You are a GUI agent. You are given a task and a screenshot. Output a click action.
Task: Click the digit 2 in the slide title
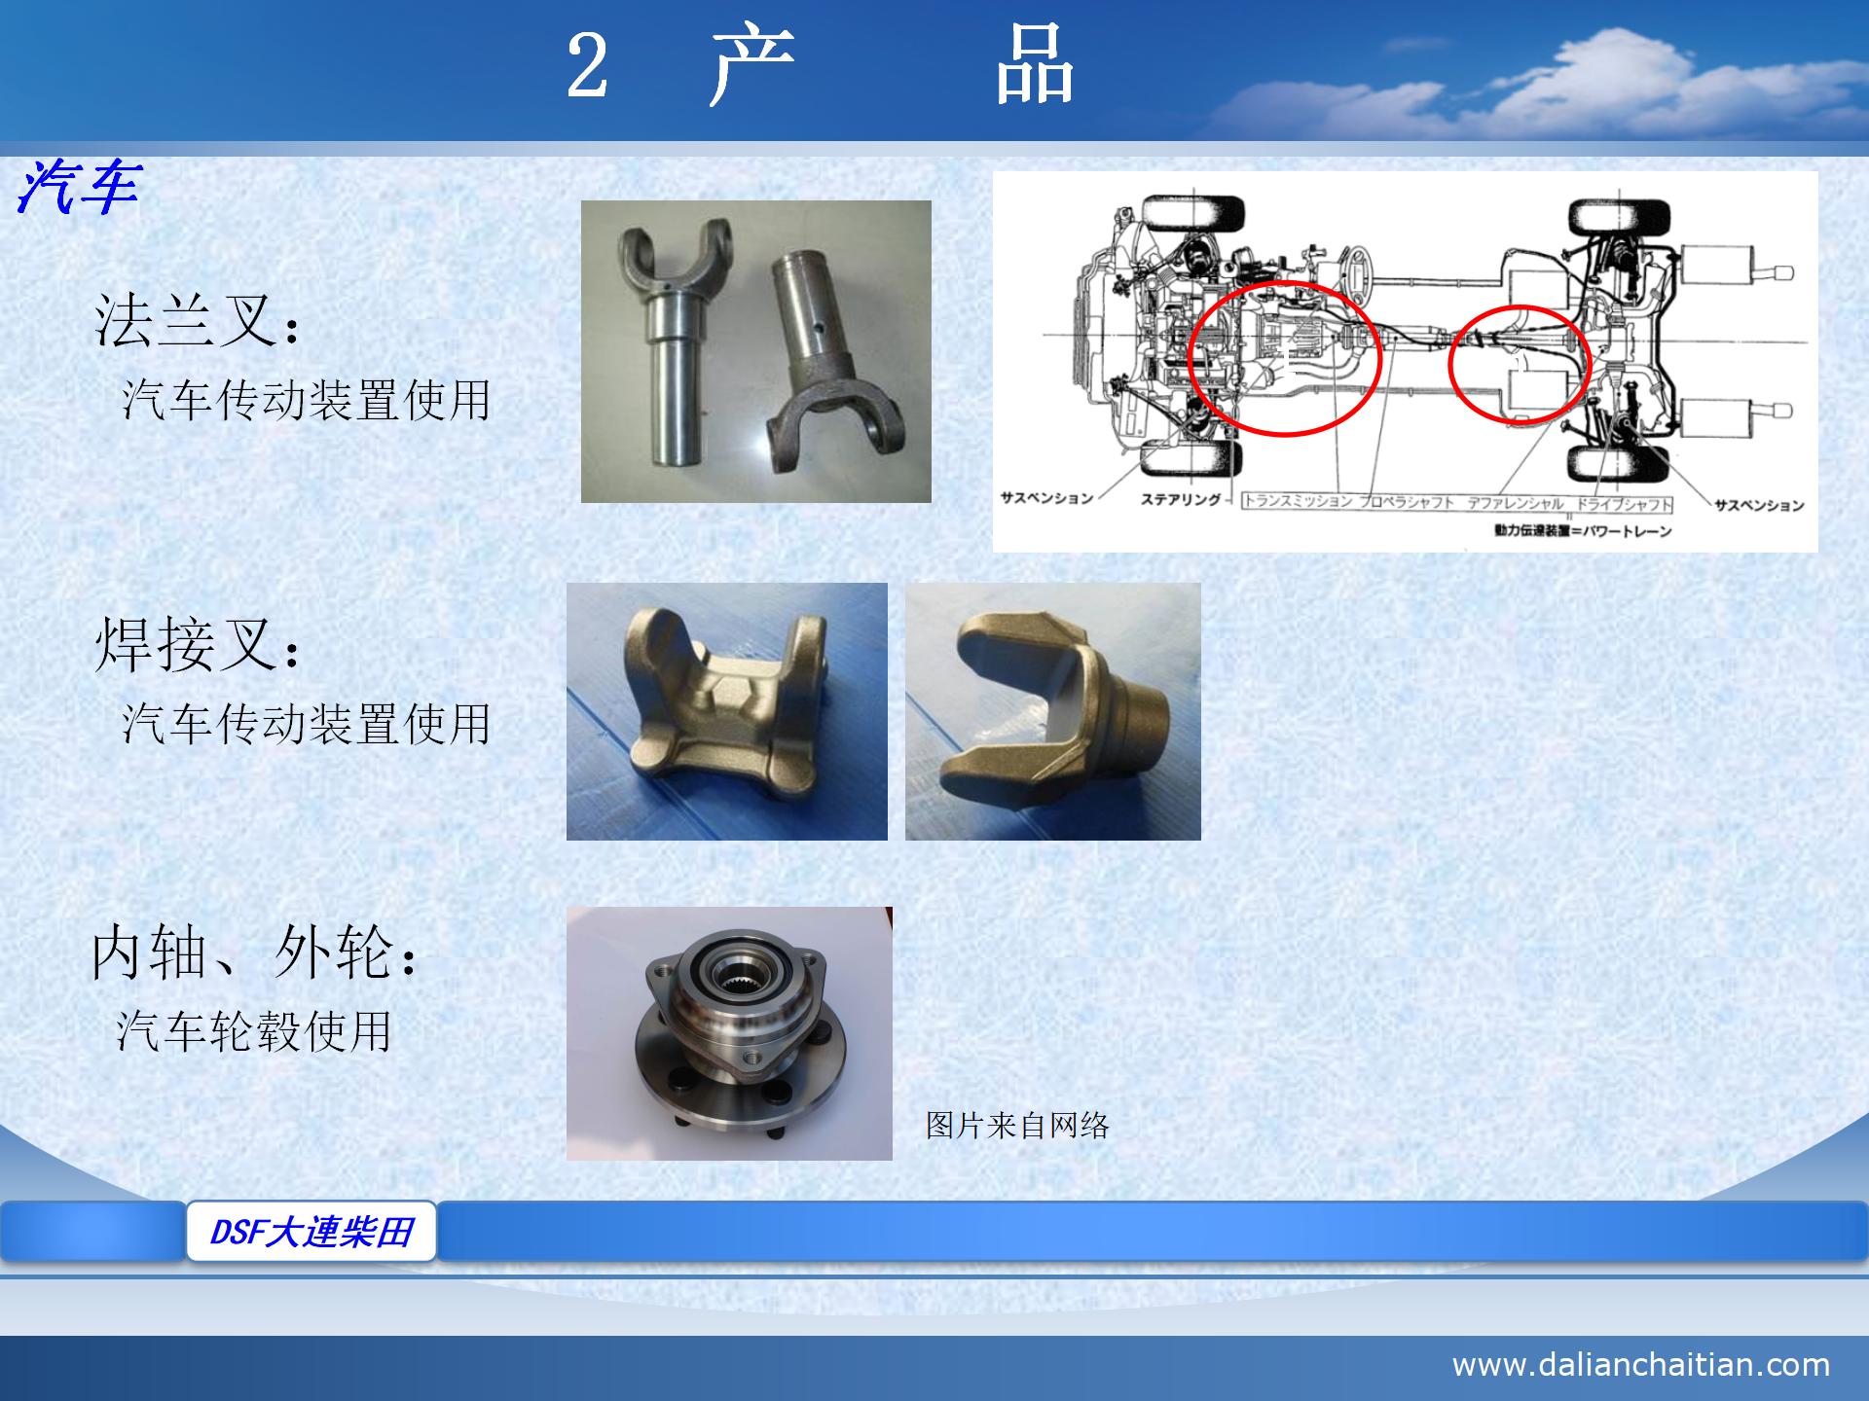[x=587, y=66]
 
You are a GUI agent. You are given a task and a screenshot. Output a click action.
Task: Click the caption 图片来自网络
[x=1017, y=1126]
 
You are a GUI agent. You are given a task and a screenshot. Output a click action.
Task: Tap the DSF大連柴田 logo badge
[x=311, y=1232]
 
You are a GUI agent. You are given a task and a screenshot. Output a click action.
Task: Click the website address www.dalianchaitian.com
[x=1640, y=1364]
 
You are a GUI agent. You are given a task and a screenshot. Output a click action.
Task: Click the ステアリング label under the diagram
[x=1180, y=500]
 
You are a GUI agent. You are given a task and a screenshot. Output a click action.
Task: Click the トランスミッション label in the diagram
[x=1299, y=502]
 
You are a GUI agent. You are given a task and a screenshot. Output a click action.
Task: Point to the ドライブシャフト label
[x=1624, y=504]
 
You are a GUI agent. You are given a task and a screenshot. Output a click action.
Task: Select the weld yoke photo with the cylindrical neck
[x=1053, y=711]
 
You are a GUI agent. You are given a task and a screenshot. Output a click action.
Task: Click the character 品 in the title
[x=1034, y=66]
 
